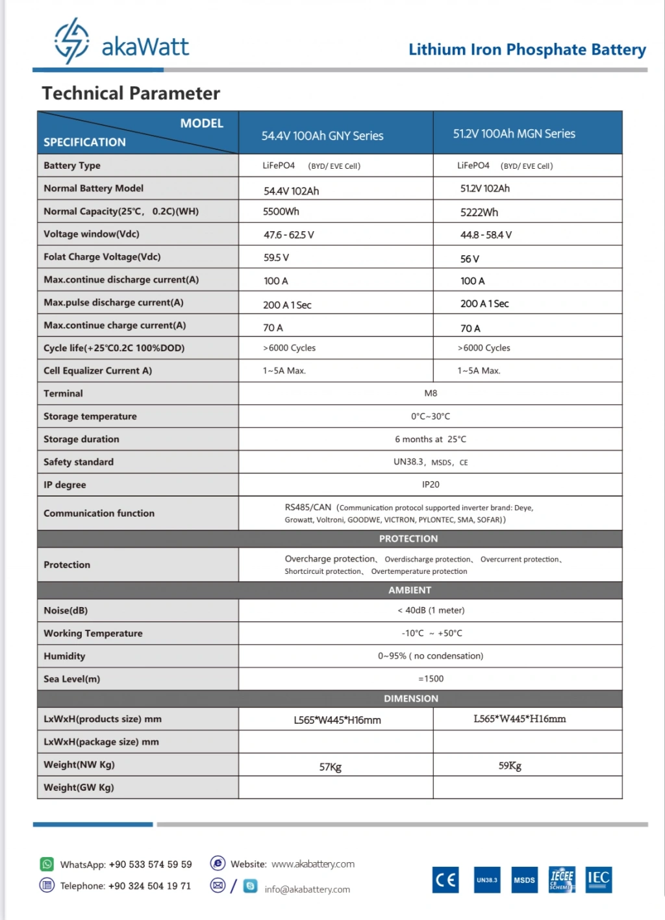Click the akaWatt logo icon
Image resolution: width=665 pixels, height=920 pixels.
pos(71,40)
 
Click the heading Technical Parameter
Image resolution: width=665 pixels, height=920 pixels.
pos(131,93)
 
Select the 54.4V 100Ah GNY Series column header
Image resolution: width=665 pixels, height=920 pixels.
pos(322,136)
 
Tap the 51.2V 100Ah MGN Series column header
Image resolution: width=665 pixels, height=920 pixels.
pos(514,134)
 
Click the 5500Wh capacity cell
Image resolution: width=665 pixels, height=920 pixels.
pos(281,212)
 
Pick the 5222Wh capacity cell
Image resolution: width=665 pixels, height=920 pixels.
pos(479,212)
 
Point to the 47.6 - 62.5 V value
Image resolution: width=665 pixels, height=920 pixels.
pos(288,235)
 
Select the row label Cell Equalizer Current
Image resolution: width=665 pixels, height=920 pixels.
pos(97,371)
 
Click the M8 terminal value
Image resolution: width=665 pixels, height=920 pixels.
pos(431,393)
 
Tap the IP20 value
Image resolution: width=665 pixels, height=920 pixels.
pos(431,484)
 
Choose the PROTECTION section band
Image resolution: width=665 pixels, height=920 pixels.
pos(408,539)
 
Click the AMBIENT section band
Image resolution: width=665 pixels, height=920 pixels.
pos(409,590)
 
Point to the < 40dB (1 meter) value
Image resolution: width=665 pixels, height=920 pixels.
pos(431,610)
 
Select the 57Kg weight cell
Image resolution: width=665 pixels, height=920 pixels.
pos(330,767)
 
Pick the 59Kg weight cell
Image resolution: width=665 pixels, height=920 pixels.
pos(510,765)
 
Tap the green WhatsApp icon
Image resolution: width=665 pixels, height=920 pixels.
pos(47,864)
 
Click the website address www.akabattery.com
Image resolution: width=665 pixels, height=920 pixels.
pos(313,864)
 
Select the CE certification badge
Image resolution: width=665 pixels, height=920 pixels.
pos(445,880)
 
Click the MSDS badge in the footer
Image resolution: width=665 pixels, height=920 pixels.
pos(524,880)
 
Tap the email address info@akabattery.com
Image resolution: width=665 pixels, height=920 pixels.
pos(307,889)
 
